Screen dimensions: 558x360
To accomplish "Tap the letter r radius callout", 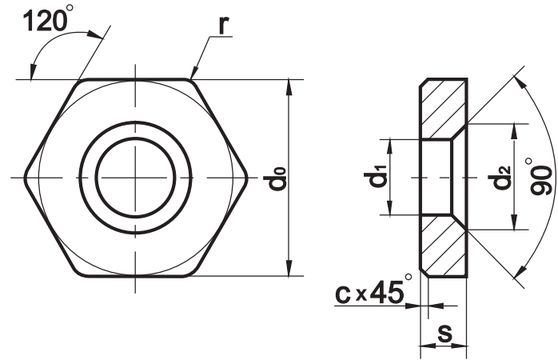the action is click(x=223, y=25).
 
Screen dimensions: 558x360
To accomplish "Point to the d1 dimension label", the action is click(x=376, y=178).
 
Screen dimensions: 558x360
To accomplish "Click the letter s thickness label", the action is click(x=445, y=333).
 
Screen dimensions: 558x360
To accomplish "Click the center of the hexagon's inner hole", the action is click(x=135, y=178).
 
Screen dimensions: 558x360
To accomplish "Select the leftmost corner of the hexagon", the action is click(x=24, y=178).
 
